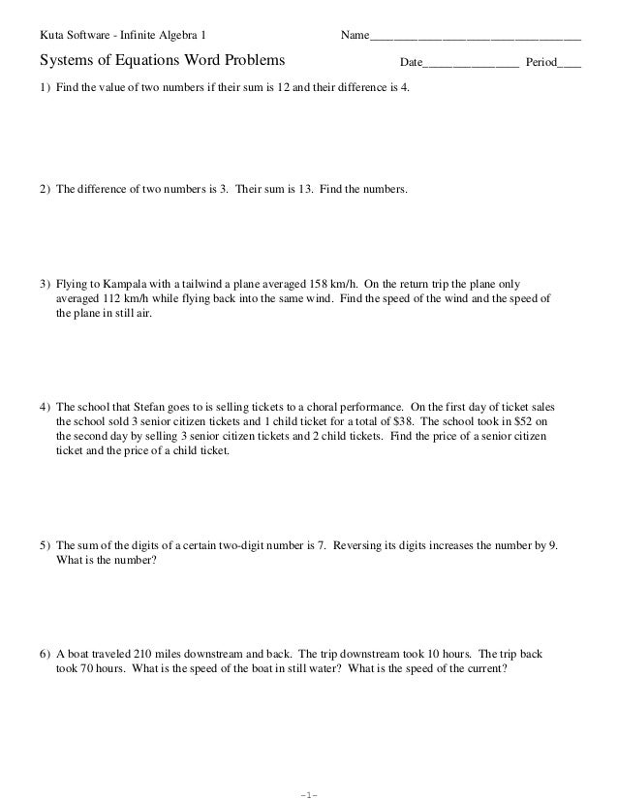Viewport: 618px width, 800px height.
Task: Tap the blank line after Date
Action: pyautogui.click(x=471, y=65)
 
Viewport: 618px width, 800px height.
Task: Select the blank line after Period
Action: pyautogui.click(x=571, y=65)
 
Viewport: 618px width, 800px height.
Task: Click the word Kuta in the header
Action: pyautogui.click(x=50, y=37)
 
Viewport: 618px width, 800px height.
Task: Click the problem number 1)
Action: pyautogui.click(x=44, y=101)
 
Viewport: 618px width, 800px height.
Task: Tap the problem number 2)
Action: pyautogui.click(x=44, y=191)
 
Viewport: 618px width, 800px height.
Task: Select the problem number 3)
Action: pyautogui.click(x=44, y=285)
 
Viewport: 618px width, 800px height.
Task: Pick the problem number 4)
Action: pyautogui.click(x=44, y=408)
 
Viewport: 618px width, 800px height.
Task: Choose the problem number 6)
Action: pyautogui.click(x=44, y=654)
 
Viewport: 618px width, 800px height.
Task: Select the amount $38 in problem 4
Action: pyautogui.click(x=402, y=422)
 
